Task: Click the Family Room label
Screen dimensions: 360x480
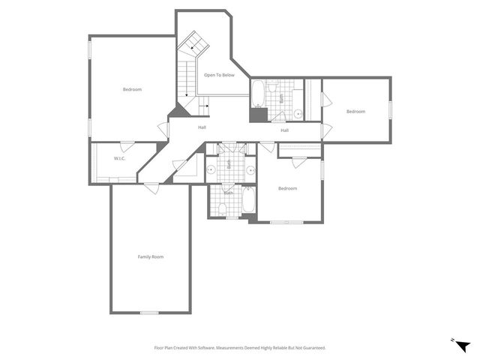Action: [150, 257]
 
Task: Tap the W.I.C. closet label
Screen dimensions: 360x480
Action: [119, 158]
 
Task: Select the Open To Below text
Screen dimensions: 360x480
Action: [219, 75]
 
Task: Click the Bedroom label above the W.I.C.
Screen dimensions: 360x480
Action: [132, 89]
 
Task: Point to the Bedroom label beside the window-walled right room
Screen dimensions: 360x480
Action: [355, 112]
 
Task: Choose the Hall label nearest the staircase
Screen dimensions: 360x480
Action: [202, 127]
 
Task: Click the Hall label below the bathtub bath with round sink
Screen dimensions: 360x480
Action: [284, 130]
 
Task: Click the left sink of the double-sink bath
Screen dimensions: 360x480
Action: [211, 169]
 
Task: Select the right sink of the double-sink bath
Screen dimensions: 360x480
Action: [250, 169]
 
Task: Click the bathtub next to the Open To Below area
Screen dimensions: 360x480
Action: [257, 92]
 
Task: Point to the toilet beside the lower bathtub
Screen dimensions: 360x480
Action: [223, 208]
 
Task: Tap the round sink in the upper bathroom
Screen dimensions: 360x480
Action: [297, 114]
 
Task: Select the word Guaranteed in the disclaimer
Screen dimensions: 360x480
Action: [313, 348]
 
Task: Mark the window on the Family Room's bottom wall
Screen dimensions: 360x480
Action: [149, 313]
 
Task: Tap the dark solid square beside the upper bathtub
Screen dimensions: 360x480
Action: [259, 114]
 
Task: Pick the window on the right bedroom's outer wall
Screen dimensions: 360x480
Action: [390, 109]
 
